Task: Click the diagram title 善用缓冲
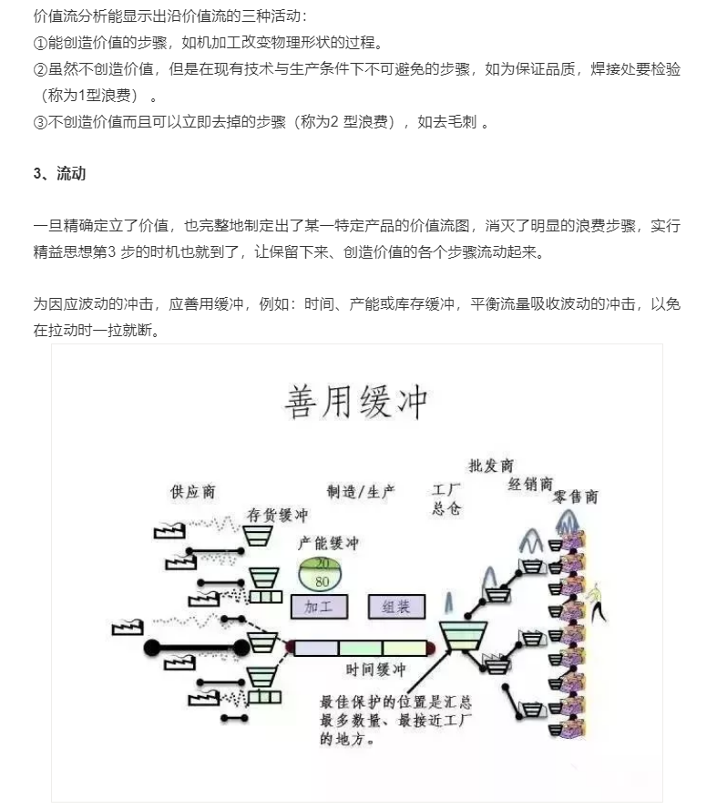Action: (x=356, y=402)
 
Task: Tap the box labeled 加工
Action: (x=319, y=606)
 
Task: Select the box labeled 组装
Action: (x=396, y=606)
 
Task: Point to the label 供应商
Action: (x=192, y=492)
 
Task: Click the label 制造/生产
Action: (x=361, y=491)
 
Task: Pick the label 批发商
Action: (x=490, y=466)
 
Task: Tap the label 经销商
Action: (x=530, y=484)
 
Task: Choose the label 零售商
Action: (x=575, y=497)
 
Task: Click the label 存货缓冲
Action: (x=277, y=515)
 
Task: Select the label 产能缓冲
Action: (x=328, y=543)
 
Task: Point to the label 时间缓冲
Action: (x=375, y=670)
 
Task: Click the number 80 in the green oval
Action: (x=322, y=581)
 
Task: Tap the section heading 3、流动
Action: (x=59, y=173)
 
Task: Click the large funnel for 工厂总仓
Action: (x=463, y=636)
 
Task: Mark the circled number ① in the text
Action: (x=40, y=43)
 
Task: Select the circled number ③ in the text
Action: (x=40, y=122)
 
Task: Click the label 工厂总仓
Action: (x=446, y=499)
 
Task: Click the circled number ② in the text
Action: (x=40, y=69)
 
